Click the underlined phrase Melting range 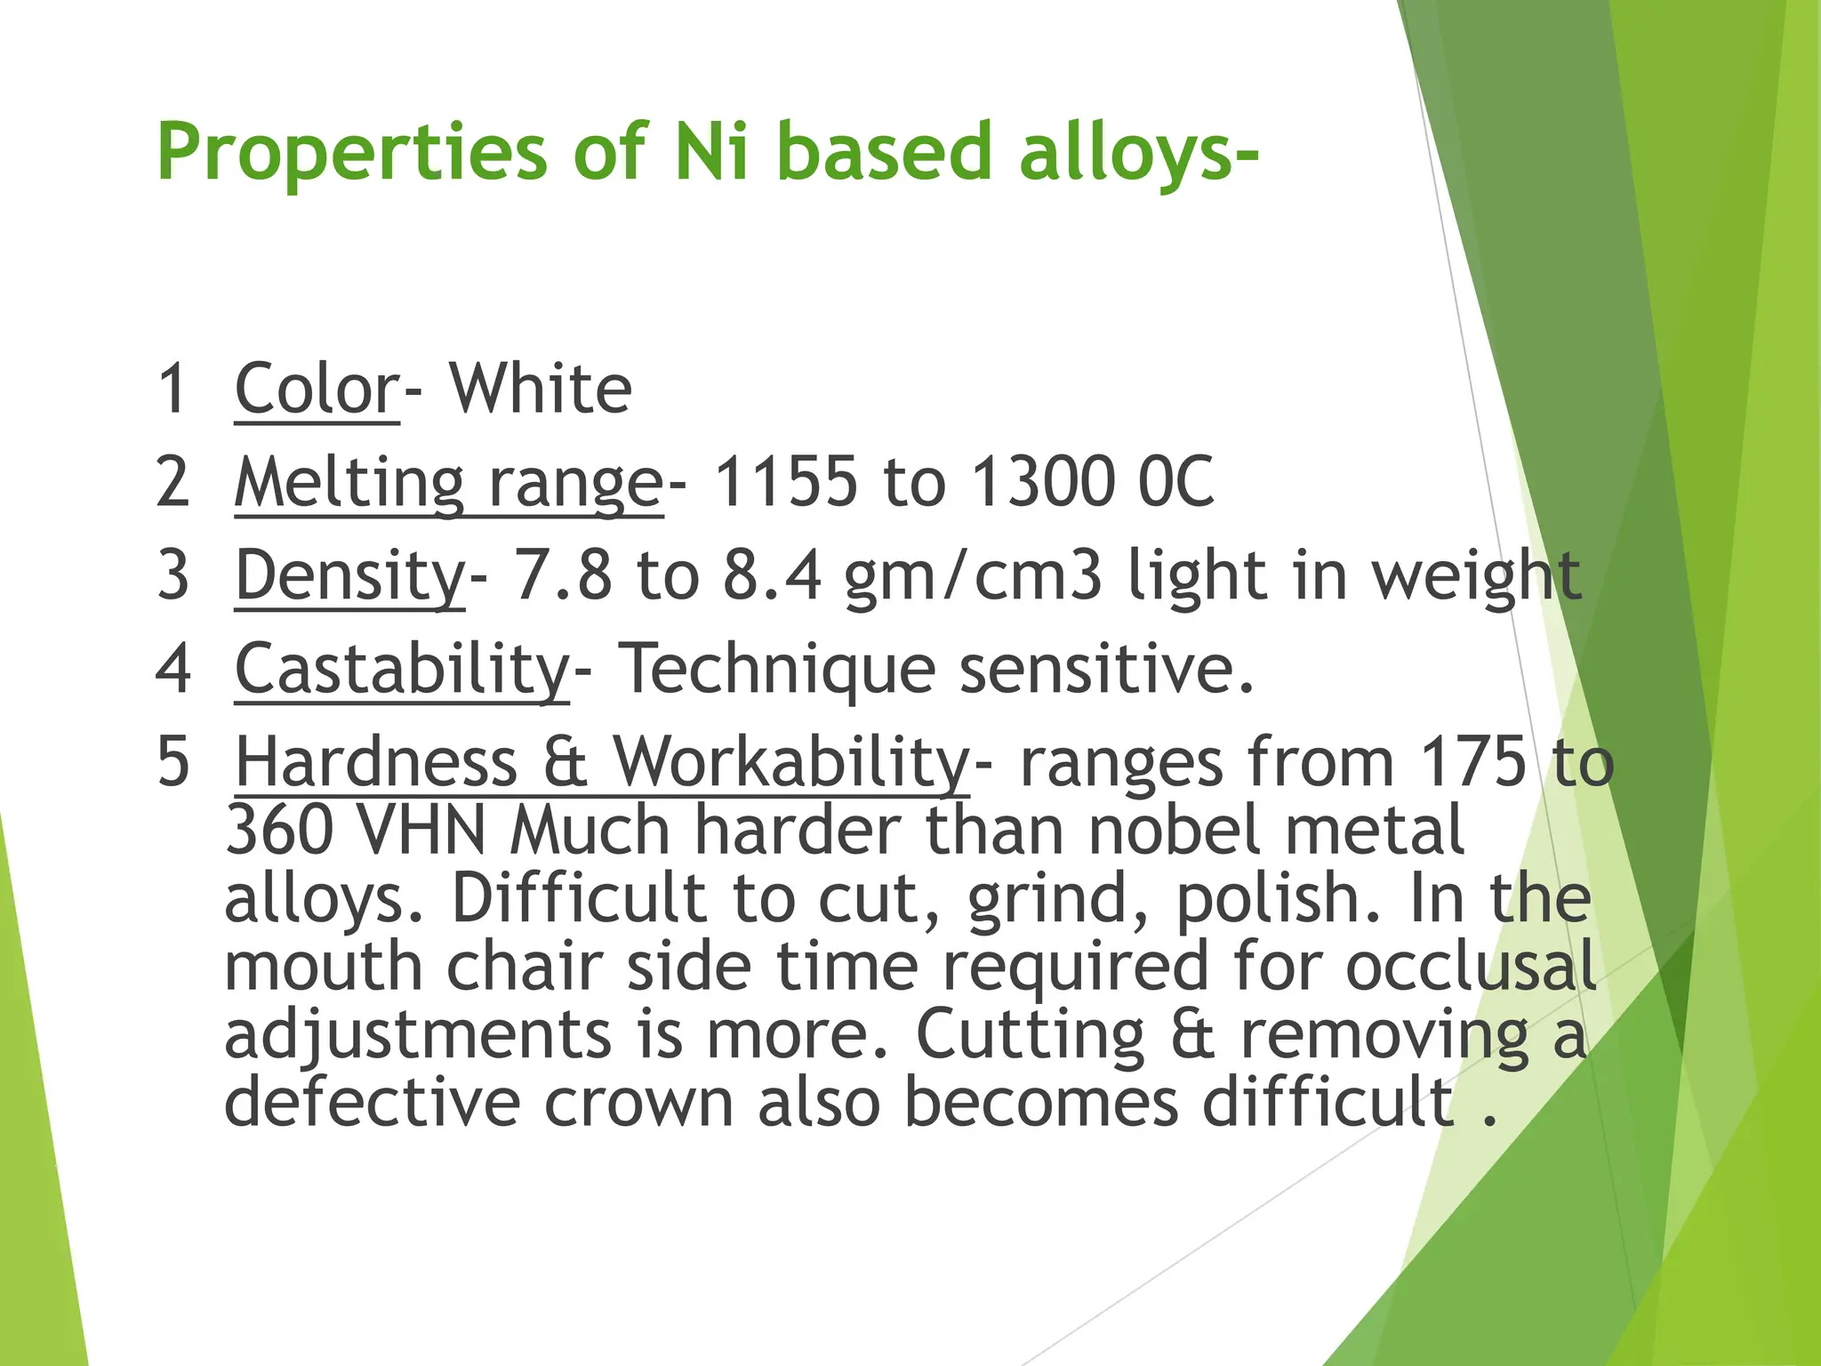tap(449, 483)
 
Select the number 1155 tap(786, 483)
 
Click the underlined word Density tap(349, 576)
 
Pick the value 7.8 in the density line tap(563, 576)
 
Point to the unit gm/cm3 tap(973, 576)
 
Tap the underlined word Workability tap(790, 763)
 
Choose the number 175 tap(1473, 763)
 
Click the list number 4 tap(173, 670)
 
